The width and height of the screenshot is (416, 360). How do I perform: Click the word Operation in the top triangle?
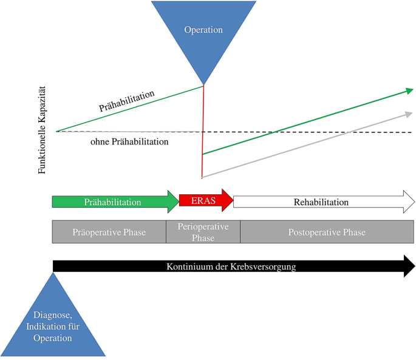point(203,30)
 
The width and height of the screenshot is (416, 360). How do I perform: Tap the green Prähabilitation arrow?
point(115,202)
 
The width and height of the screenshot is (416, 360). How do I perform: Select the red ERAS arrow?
point(206,200)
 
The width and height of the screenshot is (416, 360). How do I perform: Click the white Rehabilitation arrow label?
point(321,202)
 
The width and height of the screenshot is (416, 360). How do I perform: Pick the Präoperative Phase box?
point(109,231)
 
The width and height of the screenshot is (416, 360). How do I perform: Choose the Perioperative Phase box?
point(203,231)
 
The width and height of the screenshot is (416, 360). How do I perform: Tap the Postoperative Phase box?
point(327,231)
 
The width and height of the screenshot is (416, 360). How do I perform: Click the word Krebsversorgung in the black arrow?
point(263,267)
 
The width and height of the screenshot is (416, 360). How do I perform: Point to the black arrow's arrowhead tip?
point(415,266)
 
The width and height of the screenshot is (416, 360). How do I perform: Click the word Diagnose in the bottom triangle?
point(52,315)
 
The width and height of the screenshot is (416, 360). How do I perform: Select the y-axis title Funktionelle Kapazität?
point(42,130)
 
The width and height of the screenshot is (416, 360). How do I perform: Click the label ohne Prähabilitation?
point(129,141)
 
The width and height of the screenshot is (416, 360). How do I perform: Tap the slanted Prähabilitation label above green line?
point(126,101)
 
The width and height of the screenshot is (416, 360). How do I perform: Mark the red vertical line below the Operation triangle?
point(203,132)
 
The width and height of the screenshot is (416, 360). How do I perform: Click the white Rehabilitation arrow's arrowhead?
point(409,202)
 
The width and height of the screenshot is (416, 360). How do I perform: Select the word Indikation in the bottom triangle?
point(44,327)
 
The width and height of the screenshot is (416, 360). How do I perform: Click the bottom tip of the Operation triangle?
point(203,85)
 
